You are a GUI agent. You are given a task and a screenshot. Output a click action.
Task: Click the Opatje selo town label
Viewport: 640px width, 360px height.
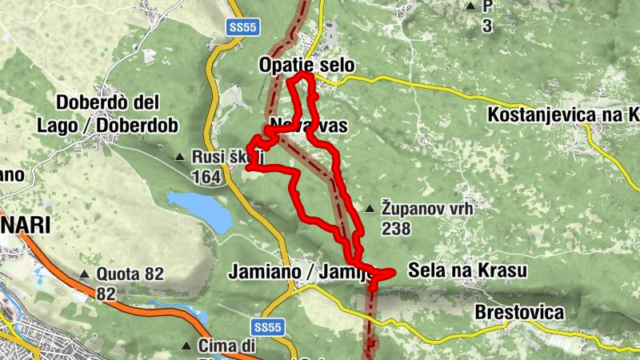(306, 65)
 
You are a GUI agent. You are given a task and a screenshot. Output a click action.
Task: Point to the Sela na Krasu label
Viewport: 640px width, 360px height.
(467, 271)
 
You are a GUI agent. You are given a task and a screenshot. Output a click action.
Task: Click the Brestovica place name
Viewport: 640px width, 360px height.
(518, 312)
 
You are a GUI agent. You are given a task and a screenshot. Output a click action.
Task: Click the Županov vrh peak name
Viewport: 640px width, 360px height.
(428, 210)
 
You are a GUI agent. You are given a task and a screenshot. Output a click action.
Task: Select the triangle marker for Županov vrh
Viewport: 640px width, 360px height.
(370, 210)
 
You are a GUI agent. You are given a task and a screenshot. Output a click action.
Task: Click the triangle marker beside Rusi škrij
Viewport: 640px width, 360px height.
(180, 158)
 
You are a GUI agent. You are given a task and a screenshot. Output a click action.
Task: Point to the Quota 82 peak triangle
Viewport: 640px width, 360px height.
(84, 274)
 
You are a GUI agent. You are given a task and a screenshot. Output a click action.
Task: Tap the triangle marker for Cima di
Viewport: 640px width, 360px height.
(186, 346)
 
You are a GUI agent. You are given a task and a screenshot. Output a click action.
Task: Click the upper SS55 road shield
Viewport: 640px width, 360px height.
(242, 26)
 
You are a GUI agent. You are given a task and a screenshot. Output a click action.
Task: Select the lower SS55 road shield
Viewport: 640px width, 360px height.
(268, 327)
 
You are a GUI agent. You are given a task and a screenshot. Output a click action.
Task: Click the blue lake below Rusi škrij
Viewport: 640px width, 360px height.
(199, 208)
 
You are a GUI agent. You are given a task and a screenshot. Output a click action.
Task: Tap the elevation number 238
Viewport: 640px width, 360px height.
(396, 230)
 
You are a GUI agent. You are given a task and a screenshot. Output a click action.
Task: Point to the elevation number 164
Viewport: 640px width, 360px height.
(206, 177)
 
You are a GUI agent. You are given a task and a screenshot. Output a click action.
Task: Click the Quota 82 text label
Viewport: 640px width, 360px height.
(130, 274)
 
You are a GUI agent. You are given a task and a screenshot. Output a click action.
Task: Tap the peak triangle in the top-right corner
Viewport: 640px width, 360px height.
(470, 6)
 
